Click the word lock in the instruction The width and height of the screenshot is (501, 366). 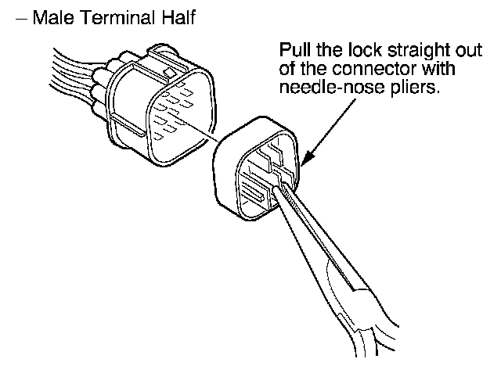click(x=357, y=52)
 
